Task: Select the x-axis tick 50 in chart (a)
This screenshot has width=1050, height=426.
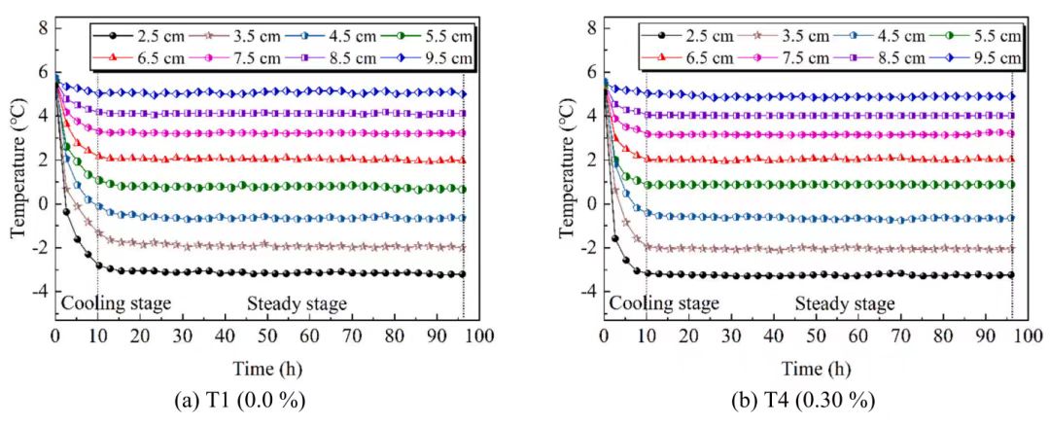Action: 267,337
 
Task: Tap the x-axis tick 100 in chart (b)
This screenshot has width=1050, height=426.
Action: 1029,337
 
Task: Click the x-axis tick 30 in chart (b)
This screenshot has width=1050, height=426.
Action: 731,337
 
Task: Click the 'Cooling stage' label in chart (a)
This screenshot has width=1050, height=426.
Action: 116,304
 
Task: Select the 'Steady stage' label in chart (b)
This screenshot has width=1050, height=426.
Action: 845,304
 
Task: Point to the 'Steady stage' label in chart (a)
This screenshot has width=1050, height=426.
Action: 297,304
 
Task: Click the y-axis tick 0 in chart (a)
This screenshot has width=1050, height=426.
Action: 42,203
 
